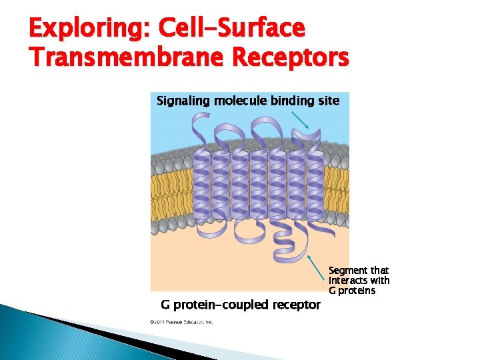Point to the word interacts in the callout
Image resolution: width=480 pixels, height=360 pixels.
coord(347,280)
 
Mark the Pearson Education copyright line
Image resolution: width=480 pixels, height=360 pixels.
coord(181,322)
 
